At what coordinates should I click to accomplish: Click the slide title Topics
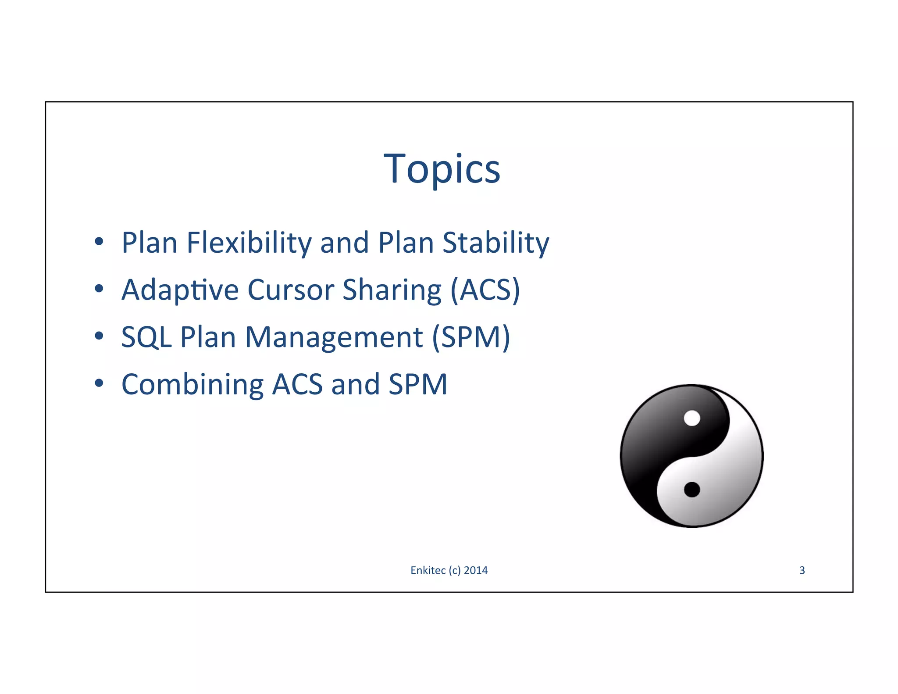442,169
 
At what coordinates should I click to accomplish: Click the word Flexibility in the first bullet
248,243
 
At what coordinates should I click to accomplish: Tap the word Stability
495,243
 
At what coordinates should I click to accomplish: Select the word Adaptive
180,290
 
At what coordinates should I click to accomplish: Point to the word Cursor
291,290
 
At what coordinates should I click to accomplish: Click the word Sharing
392,290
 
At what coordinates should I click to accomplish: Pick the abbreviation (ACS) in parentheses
485,290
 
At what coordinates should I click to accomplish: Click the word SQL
146,337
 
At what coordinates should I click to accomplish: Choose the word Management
334,337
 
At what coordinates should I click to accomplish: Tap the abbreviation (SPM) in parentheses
471,337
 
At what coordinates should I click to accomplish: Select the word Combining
192,385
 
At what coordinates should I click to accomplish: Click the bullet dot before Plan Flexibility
99,241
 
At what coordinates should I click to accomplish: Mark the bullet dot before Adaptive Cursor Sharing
99,289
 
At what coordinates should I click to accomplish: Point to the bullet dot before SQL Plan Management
99,336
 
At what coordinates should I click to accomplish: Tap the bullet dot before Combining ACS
99,383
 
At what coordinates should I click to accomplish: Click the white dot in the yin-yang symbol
692,418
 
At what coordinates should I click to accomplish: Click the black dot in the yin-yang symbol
692,489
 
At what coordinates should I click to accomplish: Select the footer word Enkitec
428,570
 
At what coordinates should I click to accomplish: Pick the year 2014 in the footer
476,570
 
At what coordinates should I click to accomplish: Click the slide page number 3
802,570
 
